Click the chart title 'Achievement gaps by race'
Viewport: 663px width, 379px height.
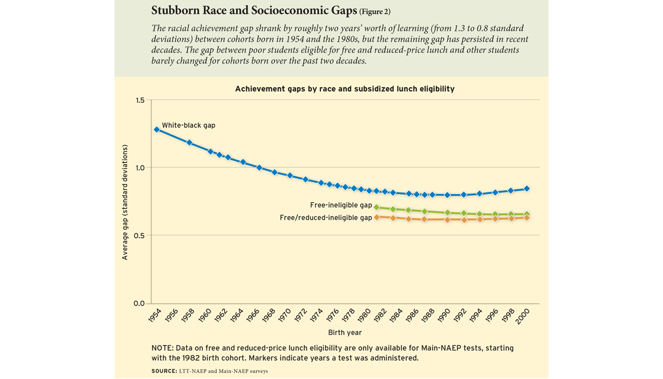(345, 89)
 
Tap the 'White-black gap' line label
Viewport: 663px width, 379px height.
(188, 125)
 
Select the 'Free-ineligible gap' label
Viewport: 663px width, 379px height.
(341, 206)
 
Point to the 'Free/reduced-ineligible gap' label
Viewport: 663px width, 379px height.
(326, 218)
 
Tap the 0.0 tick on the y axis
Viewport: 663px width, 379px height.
(139, 303)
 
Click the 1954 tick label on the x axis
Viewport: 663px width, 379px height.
(154, 316)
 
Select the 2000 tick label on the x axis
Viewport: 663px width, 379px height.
(523, 316)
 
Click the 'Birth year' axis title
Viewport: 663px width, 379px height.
(345, 333)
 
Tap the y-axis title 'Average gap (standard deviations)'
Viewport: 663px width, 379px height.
(125, 202)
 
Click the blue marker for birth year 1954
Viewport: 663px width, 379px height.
(157, 129)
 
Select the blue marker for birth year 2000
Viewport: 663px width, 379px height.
(527, 189)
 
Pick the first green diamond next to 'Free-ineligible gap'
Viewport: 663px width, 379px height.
(377, 208)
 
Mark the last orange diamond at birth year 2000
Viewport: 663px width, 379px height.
(527, 218)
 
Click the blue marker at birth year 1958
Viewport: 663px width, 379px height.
(190, 143)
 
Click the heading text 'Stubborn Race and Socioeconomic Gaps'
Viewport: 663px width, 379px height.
(254, 10)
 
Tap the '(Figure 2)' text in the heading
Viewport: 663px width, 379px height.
(375, 12)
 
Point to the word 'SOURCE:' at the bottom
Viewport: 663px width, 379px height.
(164, 371)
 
